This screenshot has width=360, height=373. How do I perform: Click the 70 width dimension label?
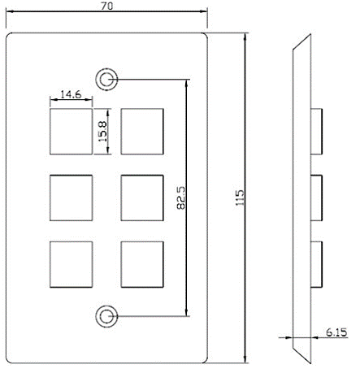(106, 6)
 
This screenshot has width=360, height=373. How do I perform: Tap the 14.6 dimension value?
(71, 94)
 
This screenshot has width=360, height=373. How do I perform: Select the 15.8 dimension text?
(102, 132)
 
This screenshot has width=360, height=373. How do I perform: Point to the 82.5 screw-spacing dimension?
(180, 197)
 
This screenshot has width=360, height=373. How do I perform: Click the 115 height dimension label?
(240, 197)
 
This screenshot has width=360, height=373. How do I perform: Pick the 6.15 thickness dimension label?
(336, 332)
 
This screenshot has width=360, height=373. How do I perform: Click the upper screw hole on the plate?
(106, 80)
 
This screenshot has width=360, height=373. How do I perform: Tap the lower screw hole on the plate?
(106, 316)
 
